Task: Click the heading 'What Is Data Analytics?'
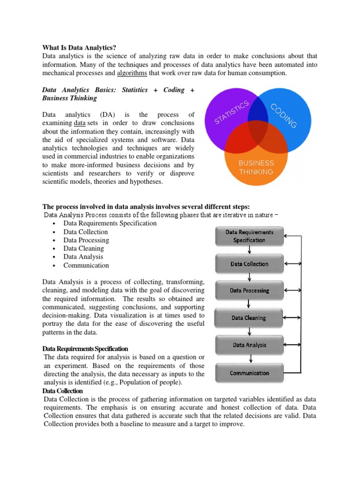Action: click(79, 47)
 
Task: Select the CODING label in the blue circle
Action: click(284, 116)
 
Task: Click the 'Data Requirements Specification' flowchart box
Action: click(249, 236)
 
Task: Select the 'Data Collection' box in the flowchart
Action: click(249, 264)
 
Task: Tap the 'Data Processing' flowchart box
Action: click(249, 291)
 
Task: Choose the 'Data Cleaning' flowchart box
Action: click(249, 318)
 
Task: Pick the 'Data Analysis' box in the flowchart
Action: click(249, 345)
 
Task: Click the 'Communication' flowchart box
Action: click(249, 373)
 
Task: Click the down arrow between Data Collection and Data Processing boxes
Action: click(249, 277)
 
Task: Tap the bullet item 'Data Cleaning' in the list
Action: click(83, 248)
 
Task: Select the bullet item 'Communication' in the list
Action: click(86, 265)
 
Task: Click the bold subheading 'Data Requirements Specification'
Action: click(85, 349)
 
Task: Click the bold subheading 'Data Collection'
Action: click(62, 391)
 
